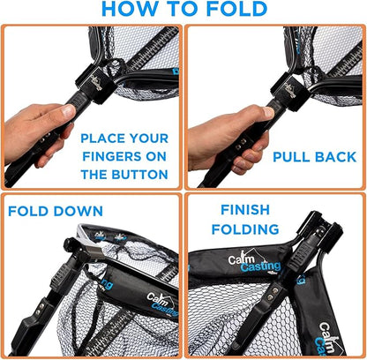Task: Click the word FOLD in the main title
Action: (x=236, y=9)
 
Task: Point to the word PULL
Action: (x=291, y=157)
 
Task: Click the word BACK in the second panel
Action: (x=335, y=157)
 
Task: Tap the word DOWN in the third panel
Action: (x=79, y=211)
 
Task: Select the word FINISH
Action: (x=245, y=210)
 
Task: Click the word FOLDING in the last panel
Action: (x=245, y=229)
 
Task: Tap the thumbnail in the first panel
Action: (x=69, y=110)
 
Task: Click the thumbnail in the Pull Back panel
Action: (x=268, y=112)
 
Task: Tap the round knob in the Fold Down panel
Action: (x=70, y=244)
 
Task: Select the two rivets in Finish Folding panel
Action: (x=273, y=294)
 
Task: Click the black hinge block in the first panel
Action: (x=94, y=84)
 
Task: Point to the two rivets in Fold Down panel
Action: (x=40, y=309)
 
